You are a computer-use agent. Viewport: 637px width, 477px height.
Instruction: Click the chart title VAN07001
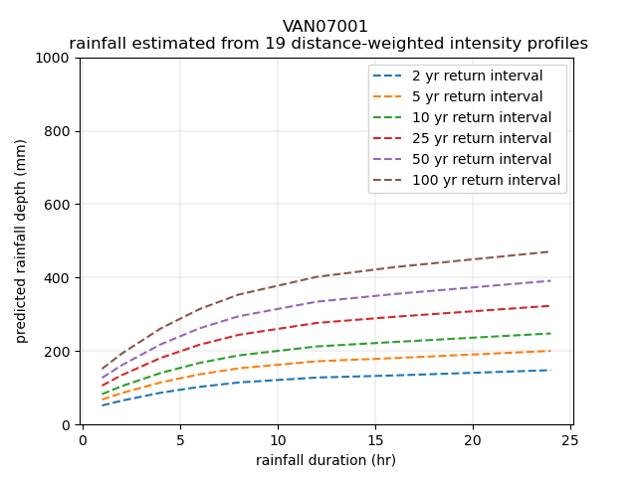(x=325, y=27)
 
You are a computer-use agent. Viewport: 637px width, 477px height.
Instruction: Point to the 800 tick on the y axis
(x=61, y=131)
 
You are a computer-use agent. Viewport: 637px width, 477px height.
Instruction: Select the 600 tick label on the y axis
(x=61, y=205)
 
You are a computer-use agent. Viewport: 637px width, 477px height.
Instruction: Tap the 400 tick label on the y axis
(x=61, y=278)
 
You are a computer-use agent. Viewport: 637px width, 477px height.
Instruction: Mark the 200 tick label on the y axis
(x=61, y=352)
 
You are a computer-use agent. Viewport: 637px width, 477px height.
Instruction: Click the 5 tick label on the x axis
(x=179, y=440)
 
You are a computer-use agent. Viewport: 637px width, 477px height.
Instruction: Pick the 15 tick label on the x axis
(x=374, y=440)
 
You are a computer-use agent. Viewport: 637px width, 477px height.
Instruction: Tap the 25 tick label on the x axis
(x=569, y=440)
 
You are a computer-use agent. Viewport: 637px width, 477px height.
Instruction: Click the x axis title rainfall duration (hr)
(x=325, y=460)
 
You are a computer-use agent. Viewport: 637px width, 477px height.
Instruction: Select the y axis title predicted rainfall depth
(x=21, y=240)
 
